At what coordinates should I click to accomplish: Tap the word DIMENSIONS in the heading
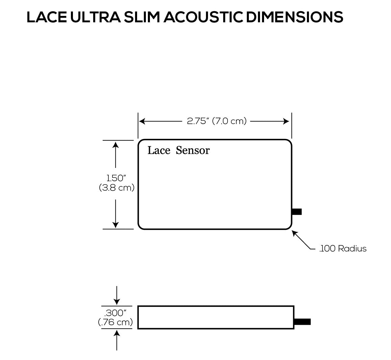pyautogui.click(x=294, y=17)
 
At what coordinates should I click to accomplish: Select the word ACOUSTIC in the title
pyautogui.click(x=203, y=17)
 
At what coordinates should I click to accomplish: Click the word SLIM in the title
pyautogui.click(x=141, y=17)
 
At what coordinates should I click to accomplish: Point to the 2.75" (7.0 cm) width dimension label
pyautogui.click(x=217, y=121)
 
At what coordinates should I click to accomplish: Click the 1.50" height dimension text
pyautogui.click(x=116, y=178)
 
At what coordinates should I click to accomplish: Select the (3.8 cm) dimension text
pyautogui.click(x=117, y=188)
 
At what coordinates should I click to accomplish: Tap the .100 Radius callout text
pyautogui.click(x=343, y=249)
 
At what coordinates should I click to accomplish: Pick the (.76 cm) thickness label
pyautogui.click(x=115, y=322)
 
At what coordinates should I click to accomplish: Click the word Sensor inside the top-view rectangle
pyautogui.click(x=193, y=150)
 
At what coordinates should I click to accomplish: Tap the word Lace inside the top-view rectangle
pyautogui.click(x=159, y=150)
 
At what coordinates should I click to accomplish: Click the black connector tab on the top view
pyautogui.click(x=297, y=212)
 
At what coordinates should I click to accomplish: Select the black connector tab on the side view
pyautogui.click(x=303, y=322)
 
